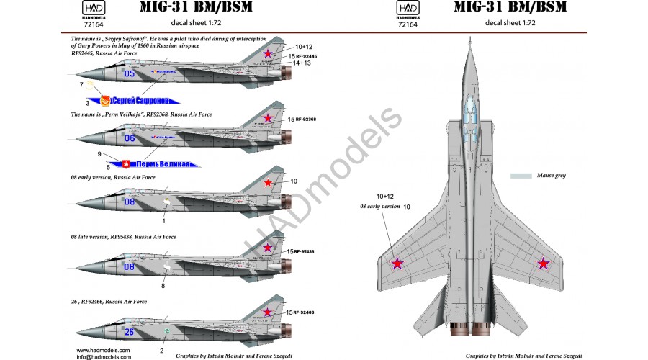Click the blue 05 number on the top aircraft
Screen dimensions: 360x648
[130, 73]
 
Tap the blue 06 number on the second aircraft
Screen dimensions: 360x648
[130, 138]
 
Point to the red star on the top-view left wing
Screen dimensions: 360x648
[397, 264]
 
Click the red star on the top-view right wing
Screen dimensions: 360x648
[544, 264]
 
